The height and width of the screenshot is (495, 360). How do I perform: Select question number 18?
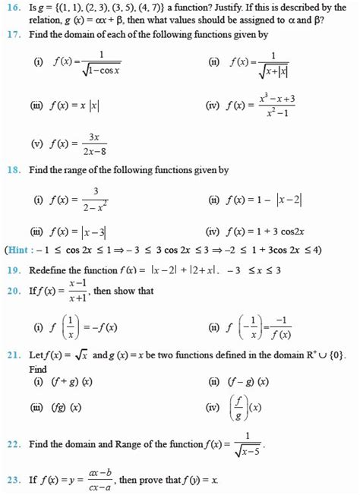click(x=12, y=171)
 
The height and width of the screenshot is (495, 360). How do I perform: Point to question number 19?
click(x=12, y=270)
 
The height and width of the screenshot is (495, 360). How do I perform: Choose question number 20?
click(x=12, y=289)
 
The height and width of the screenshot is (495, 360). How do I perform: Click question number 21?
click(x=12, y=355)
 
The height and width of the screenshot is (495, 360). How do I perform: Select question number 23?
click(x=12, y=481)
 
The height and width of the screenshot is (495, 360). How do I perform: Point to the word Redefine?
click(x=48, y=270)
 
